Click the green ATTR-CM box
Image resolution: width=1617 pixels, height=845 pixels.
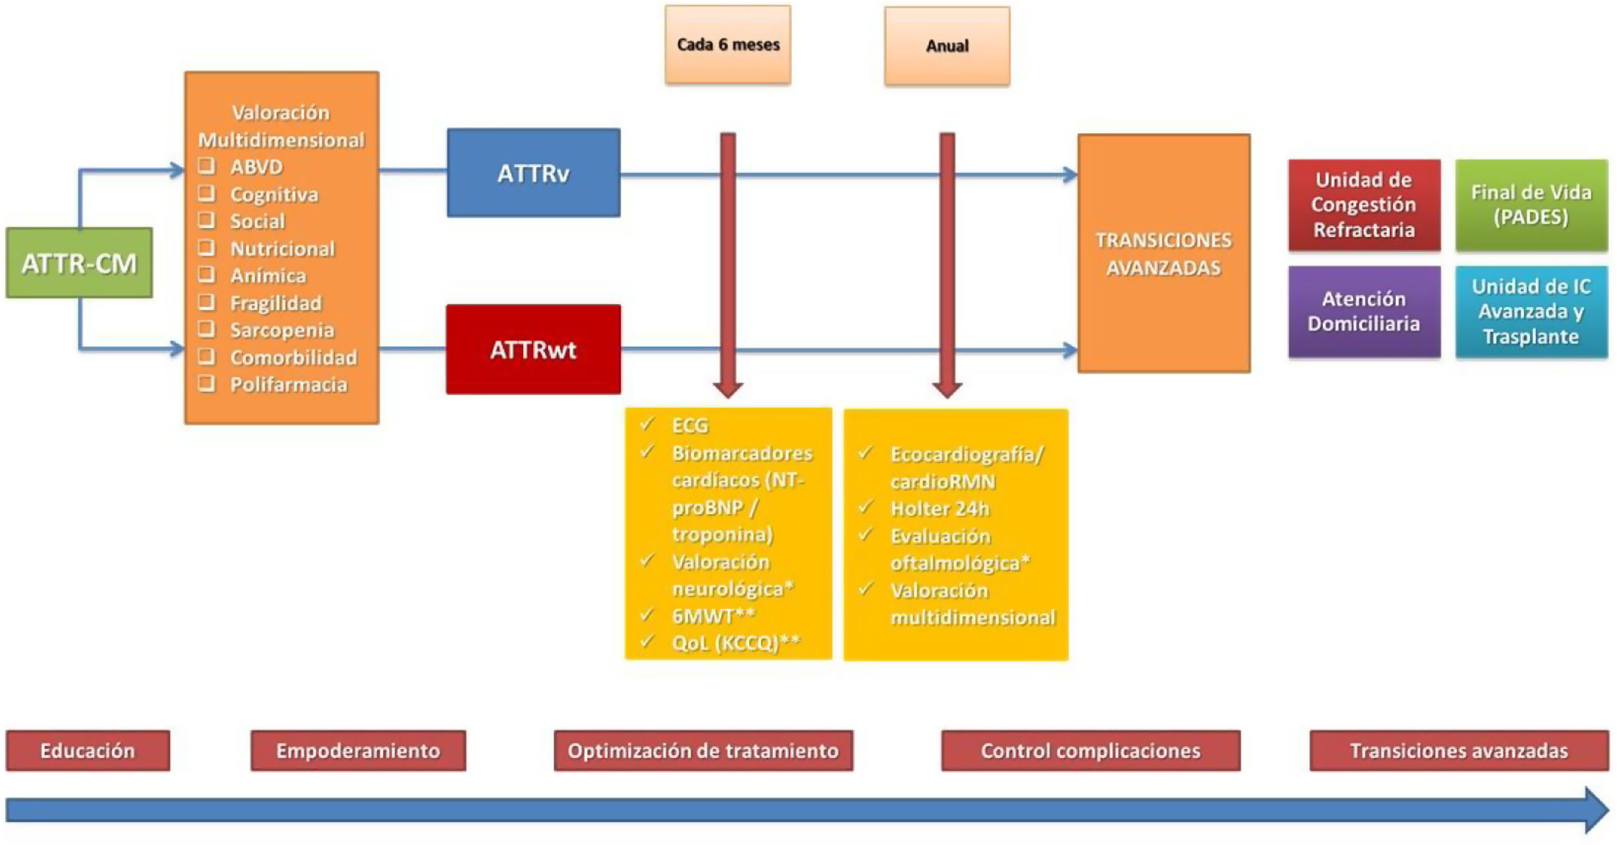coord(79,263)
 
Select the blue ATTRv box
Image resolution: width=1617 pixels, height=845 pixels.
coord(533,173)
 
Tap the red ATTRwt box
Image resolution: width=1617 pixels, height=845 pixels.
coord(533,349)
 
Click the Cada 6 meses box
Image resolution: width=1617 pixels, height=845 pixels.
coord(728,45)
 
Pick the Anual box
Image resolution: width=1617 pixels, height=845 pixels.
coord(947,46)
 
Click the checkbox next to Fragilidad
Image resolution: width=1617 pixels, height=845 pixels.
coord(207,302)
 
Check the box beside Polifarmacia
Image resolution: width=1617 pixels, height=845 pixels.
coord(207,384)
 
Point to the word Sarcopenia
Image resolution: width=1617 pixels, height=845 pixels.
coord(282,330)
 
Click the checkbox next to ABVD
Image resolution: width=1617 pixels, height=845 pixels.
coord(207,166)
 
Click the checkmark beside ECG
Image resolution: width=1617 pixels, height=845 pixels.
coord(647,424)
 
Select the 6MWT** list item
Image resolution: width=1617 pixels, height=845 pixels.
coord(713,616)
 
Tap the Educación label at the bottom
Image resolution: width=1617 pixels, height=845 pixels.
coord(88,751)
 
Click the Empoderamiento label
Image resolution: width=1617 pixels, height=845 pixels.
coord(358,751)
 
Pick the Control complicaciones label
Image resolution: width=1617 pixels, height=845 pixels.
coord(1091,751)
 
